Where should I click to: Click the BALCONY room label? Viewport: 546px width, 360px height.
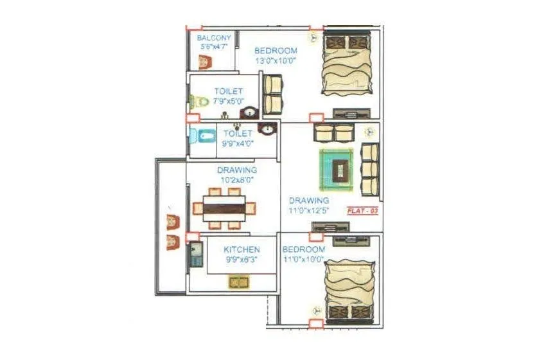click(214, 38)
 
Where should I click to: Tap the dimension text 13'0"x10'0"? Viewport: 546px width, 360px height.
click(276, 61)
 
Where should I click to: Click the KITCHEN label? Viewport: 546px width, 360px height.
click(242, 249)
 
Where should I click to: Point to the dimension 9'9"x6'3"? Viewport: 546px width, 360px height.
click(242, 260)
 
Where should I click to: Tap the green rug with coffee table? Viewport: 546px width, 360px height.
click(337, 168)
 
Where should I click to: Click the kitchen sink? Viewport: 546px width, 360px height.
click(239, 282)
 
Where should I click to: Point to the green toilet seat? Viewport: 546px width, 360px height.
click(199, 102)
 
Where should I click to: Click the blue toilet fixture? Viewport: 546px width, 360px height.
click(203, 136)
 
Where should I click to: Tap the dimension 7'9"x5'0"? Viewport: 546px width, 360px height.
click(229, 102)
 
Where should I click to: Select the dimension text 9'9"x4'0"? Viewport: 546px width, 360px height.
click(238, 144)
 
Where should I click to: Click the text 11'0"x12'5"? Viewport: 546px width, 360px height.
click(309, 210)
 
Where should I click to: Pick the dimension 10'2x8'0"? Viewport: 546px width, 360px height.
click(237, 181)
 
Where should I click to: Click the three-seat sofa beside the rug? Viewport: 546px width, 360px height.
click(369, 168)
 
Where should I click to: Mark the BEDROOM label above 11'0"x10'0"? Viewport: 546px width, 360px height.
click(304, 249)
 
